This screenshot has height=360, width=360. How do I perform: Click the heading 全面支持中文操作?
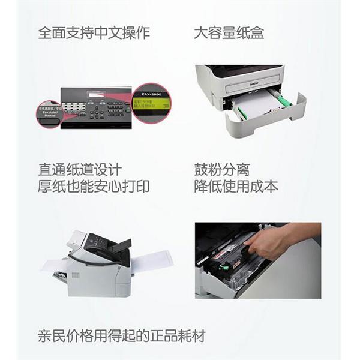point(94,32)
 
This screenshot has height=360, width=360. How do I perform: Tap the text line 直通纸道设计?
point(80,170)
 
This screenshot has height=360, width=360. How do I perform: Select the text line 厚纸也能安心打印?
point(94,187)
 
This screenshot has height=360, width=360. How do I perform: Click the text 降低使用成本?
point(236,187)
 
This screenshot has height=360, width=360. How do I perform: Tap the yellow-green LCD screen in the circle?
point(151,103)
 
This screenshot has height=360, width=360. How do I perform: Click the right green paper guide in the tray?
point(283,98)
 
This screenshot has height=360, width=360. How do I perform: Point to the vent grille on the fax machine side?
point(76,275)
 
